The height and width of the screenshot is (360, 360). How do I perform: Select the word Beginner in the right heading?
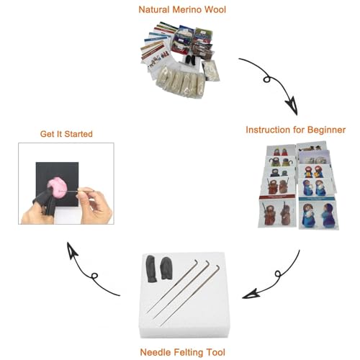(x=326, y=130)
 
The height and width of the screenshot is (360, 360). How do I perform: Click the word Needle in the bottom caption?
(x=156, y=352)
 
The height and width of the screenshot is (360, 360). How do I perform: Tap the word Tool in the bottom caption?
(x=216, y=352)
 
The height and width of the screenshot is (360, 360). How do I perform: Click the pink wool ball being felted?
(x=57, y=187)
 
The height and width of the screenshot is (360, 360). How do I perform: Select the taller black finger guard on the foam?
(x=151, y=269)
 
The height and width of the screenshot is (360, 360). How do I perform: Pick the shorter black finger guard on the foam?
(x=166, y=268)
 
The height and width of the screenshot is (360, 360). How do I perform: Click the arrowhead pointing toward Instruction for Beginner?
(x=292, y=106)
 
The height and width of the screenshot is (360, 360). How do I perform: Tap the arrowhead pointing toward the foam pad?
(x=251, y=294)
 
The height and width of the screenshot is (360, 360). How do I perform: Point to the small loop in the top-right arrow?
(x=267, y=79)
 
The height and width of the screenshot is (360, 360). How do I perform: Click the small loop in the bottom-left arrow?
(x=94, y=276)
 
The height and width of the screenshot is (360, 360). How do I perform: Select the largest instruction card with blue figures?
(x=318, y=213)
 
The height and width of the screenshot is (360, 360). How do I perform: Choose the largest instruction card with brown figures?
(x=277, y=212)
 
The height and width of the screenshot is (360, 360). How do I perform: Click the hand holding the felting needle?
(x=94, y=204)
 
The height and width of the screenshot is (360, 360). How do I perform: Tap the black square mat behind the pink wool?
(x=57, y=184)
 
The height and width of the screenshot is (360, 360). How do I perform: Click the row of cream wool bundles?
(x=181, y=81)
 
